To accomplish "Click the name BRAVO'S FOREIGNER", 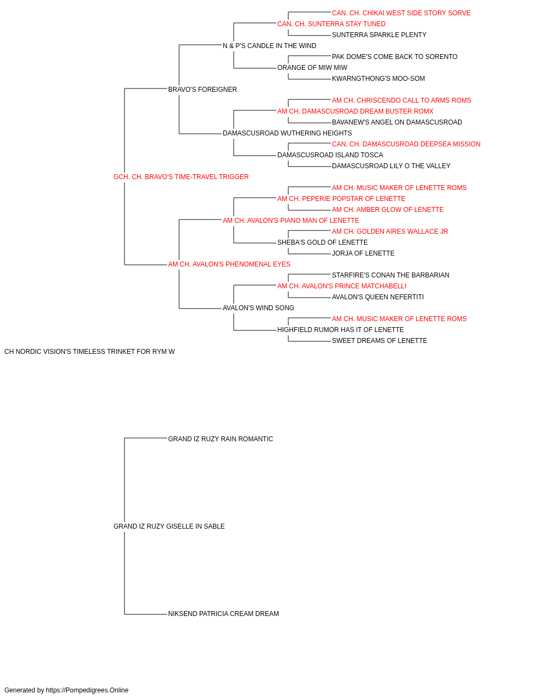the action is coord(202,90).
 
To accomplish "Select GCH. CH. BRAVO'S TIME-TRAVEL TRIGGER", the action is coord(181,177).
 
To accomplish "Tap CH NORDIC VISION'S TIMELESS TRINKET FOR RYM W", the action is coord(90,352).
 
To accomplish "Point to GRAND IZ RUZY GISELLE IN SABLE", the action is coord(169,526).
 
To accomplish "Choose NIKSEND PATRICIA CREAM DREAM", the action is coord(223,614).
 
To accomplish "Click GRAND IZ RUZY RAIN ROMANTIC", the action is coord(221,439).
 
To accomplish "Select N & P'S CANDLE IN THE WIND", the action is coord(270,46).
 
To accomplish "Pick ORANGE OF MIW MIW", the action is coord(312,68).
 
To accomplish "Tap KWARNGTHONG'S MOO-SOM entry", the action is coord(378,79).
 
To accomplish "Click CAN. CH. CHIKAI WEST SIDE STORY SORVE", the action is coord(401,13).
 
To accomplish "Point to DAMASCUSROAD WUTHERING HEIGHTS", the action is coord(288,133).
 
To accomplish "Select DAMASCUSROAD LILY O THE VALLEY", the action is coord(391,166).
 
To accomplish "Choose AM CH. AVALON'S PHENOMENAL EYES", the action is coord(229,264).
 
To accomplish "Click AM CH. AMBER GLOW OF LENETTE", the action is coord(388,210).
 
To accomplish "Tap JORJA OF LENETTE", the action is coord(363,253).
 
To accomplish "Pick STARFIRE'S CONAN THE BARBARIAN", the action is coord(391,275).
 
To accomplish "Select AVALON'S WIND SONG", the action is coord(258,308).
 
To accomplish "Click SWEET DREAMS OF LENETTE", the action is coord(379,341).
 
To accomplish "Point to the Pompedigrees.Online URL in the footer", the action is coord(87,690).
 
